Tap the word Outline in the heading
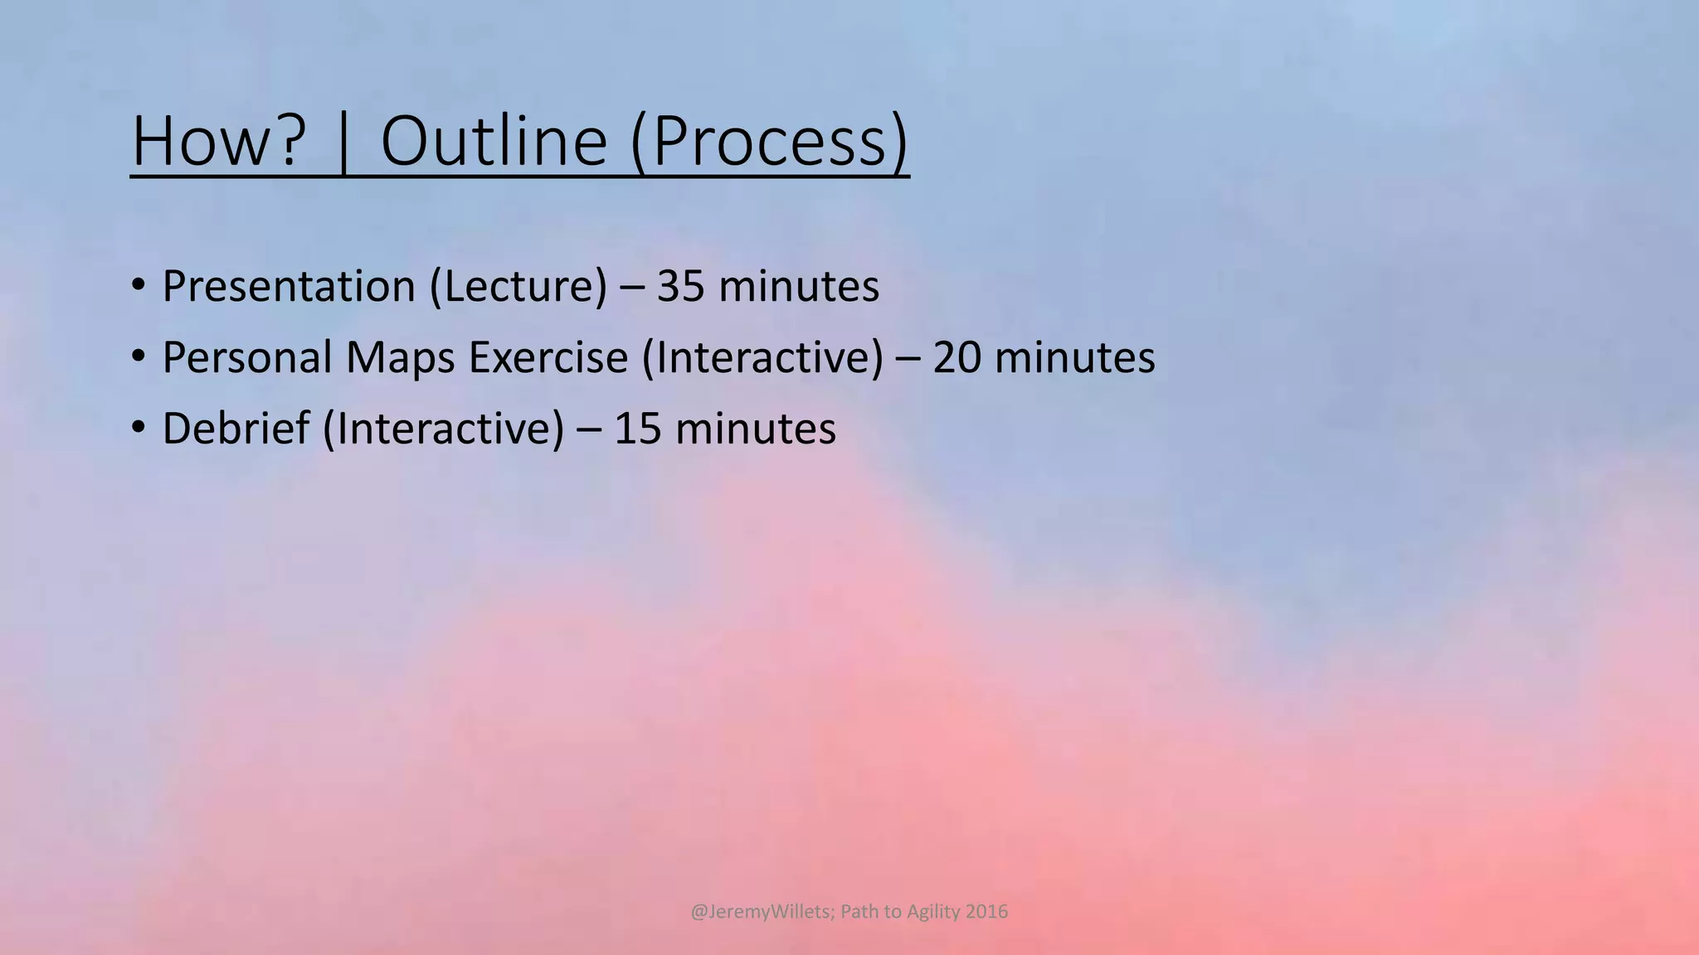[494, 141]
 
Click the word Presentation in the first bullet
[289, 287]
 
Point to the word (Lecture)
[518, 287]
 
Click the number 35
[680, 287]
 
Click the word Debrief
[236, 429]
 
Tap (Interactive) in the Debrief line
[443, 429]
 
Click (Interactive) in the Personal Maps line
[762, 358]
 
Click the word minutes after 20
[1074, 358]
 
